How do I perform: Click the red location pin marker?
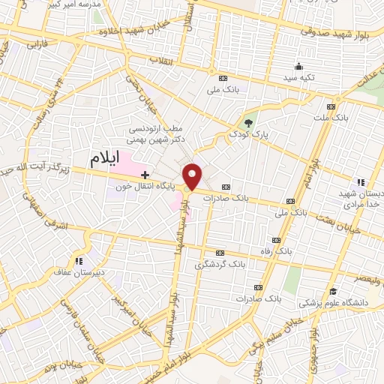pyautogui.click(x=193, y=176)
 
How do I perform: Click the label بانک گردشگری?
pyautogui.click(x=220, y=265)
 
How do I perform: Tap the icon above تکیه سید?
pyautogui.click(x=299, y=66)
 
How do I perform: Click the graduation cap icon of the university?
pyautogui.click(x=332, y=292)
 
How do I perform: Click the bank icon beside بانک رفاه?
pyautogui.click(x=277, y=240)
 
